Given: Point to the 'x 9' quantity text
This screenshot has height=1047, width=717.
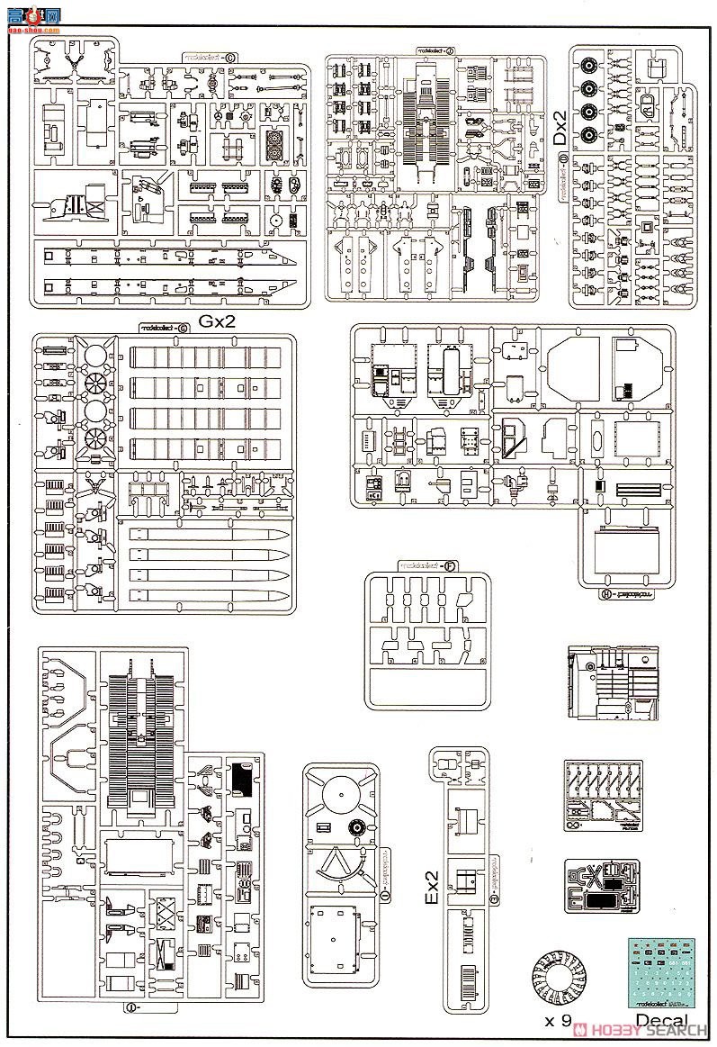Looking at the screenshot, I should click(x=558, y=1020).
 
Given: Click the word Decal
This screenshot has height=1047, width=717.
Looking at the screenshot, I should click(x=661, y=1020).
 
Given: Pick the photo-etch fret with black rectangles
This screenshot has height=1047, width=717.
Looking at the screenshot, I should click(x=604, y=887).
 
